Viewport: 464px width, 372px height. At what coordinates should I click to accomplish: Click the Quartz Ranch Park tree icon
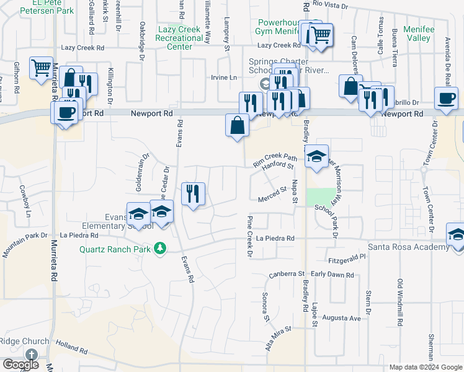click(161, 249)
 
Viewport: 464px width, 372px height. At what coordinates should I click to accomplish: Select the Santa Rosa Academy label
click(408, 247)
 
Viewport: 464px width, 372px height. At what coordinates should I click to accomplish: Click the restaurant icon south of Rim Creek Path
click(194, 194)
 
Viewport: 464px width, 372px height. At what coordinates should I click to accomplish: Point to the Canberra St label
click(287, 274)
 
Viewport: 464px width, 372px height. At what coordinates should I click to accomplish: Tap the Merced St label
click(272, 199)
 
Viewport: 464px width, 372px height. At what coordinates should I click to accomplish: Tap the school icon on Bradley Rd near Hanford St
click(316, 156)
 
